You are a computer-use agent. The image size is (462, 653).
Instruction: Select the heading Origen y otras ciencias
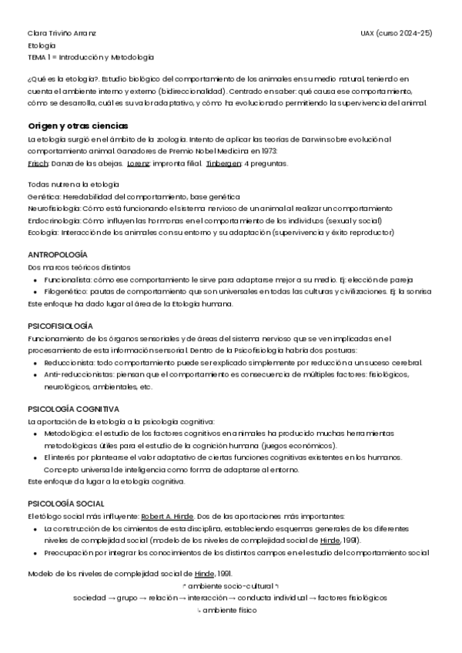pyautogui.click(x=78, y=126)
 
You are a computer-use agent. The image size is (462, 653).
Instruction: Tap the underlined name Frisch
pyautogui.click(x=37, y=164)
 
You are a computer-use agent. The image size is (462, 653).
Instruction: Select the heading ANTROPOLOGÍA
pyautogui.click(x=58, y=254)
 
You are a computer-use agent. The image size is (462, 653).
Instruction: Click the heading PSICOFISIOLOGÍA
pyautogui.click(x=60, y=326)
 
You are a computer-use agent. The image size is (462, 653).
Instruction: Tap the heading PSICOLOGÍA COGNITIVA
pyautogui.click(x=74, y=409)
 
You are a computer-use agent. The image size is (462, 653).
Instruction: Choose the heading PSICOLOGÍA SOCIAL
pyautogui.click(x=65, y=504)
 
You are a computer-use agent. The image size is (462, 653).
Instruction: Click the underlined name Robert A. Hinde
pyautogui.click(x=167, y=516)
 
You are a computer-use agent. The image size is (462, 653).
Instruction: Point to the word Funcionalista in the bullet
pyautogui.click(x=68, y=280)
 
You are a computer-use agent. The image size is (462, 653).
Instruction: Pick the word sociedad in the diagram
pyautogui.click(x=89, y=598)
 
